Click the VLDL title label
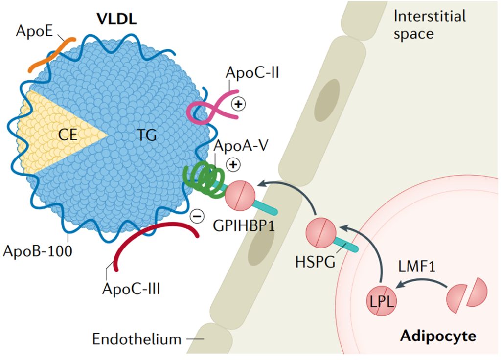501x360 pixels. point(116,20)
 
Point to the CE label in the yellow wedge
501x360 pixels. point(67,135)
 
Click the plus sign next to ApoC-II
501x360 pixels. point(239,104)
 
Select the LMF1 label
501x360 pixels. point(417,266)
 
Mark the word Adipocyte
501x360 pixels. point(438,336)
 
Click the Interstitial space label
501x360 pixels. point(430,24)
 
